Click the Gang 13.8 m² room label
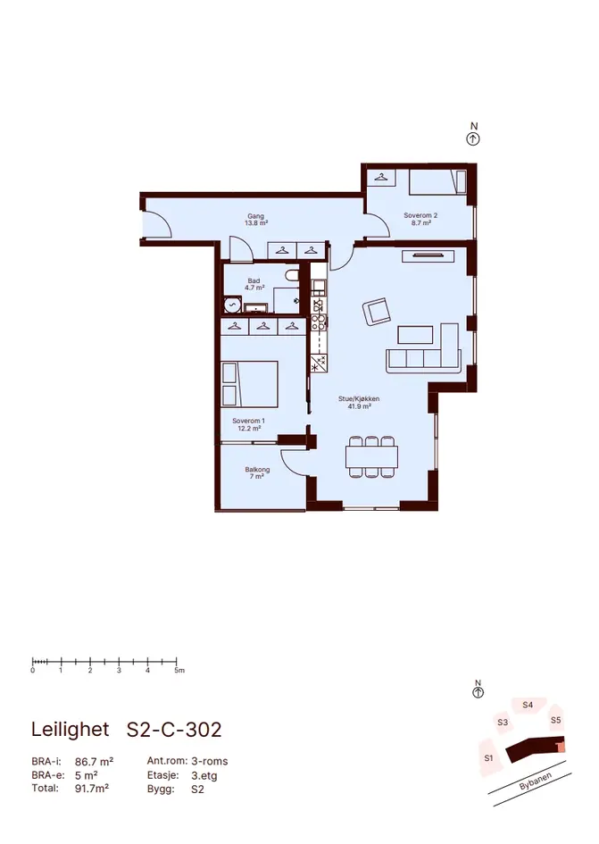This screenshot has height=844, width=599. [256, 219]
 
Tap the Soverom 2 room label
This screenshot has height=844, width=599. [420, 219]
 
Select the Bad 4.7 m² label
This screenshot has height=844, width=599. [254, 284]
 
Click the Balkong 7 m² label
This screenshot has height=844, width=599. [257, 472]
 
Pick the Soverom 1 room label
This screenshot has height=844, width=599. [249, 424]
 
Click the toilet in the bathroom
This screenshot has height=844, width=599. [292, 276]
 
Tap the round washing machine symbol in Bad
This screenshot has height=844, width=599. [232, 305]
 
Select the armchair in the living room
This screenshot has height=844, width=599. [377, 313]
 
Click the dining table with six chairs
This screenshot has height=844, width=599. [372, 456]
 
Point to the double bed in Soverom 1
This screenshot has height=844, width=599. [250, 384]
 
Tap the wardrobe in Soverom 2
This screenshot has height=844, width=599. [381, 178]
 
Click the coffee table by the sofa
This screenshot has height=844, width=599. [415, 335]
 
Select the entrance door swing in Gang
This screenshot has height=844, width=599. [157, 224]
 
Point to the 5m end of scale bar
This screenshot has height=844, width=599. [177, 661]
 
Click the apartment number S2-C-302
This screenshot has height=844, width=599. [174, 730]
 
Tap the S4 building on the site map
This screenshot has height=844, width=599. [528, 706]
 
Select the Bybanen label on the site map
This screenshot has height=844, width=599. [536, 781]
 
